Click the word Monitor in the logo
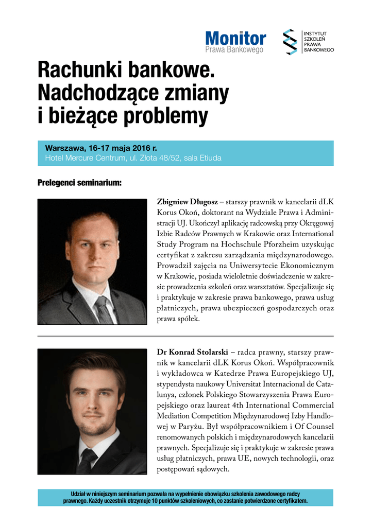pos(235,38)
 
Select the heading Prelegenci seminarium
pos(79,183)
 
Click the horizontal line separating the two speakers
pos(185,336)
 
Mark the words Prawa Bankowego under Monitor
pos(234,50)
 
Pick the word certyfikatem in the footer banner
pos(289,501)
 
